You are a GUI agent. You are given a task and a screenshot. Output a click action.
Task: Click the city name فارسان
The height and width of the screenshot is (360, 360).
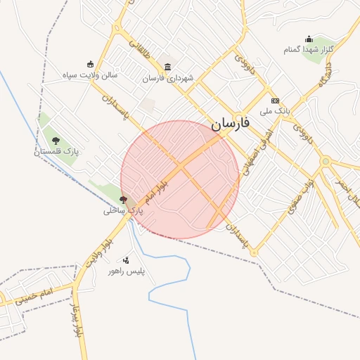click(x=230, y=125)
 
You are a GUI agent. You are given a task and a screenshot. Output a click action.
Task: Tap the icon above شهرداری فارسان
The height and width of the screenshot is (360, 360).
click(x=167, y=67)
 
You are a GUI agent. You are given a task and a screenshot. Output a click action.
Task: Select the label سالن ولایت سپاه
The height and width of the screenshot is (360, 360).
click(x=90, y=75)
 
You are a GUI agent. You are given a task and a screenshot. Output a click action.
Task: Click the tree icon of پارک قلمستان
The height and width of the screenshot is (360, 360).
click(x=56, y=141)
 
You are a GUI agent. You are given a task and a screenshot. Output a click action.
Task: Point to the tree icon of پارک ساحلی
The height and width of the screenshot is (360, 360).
click(x=124, y=200)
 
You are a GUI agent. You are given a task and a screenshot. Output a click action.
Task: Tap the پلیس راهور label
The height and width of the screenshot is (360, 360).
click(x=126, y=271)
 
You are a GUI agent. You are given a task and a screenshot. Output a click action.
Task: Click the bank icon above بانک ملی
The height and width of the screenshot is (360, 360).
click(x=275, y=101)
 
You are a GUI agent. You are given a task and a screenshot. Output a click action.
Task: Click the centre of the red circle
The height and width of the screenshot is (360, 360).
click(x=180, y=179)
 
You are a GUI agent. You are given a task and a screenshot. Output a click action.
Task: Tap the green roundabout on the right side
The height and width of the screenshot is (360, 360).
click(x=325, y=162)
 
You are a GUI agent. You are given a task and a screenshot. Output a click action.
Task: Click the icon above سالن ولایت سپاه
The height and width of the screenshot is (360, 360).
click(x=90, y=64)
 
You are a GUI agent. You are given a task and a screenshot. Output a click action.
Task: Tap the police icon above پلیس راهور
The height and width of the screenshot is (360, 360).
click(x=126, y=260)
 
